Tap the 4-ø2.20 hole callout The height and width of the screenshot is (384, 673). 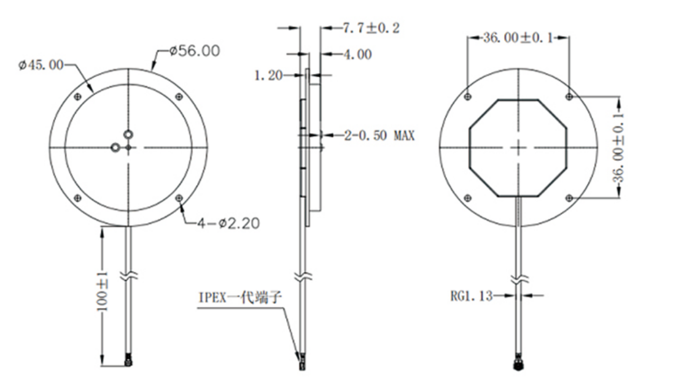point(228,224)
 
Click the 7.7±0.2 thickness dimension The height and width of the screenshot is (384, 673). point(369,28)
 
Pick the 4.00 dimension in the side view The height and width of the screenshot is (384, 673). point(357,55)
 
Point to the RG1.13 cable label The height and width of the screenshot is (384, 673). point(472,296)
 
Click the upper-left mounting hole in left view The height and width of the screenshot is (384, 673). point(77,96)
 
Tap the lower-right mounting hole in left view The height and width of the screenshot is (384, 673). point(179,198)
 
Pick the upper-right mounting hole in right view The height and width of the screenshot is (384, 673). point(569,96)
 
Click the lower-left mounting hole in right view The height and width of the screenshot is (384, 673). point(469,198)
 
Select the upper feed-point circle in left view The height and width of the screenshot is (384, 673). point(128,134)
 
